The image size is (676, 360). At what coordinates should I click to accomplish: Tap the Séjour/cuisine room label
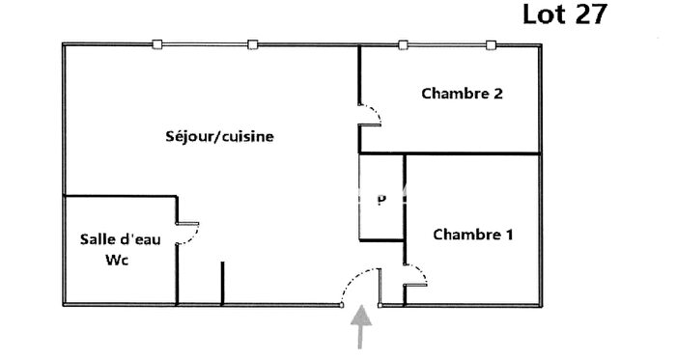point(220,137)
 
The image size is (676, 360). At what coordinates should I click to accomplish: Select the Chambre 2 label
point(462,94)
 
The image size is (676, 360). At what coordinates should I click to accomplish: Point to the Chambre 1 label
point(473,235)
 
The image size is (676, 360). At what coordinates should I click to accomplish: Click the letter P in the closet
point(381,201)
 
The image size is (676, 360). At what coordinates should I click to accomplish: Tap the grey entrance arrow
point(361,326)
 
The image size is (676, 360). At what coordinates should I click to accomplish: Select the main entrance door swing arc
point(355,282)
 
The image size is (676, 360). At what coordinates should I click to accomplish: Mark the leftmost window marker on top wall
point(158,43)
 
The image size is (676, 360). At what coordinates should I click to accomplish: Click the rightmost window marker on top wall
point(491,43)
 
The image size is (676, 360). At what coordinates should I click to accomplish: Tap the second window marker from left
point(252,43)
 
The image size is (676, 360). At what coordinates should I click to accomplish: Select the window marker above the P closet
point(402,43)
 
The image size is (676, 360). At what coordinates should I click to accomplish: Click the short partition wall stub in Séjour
point(222,282)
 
